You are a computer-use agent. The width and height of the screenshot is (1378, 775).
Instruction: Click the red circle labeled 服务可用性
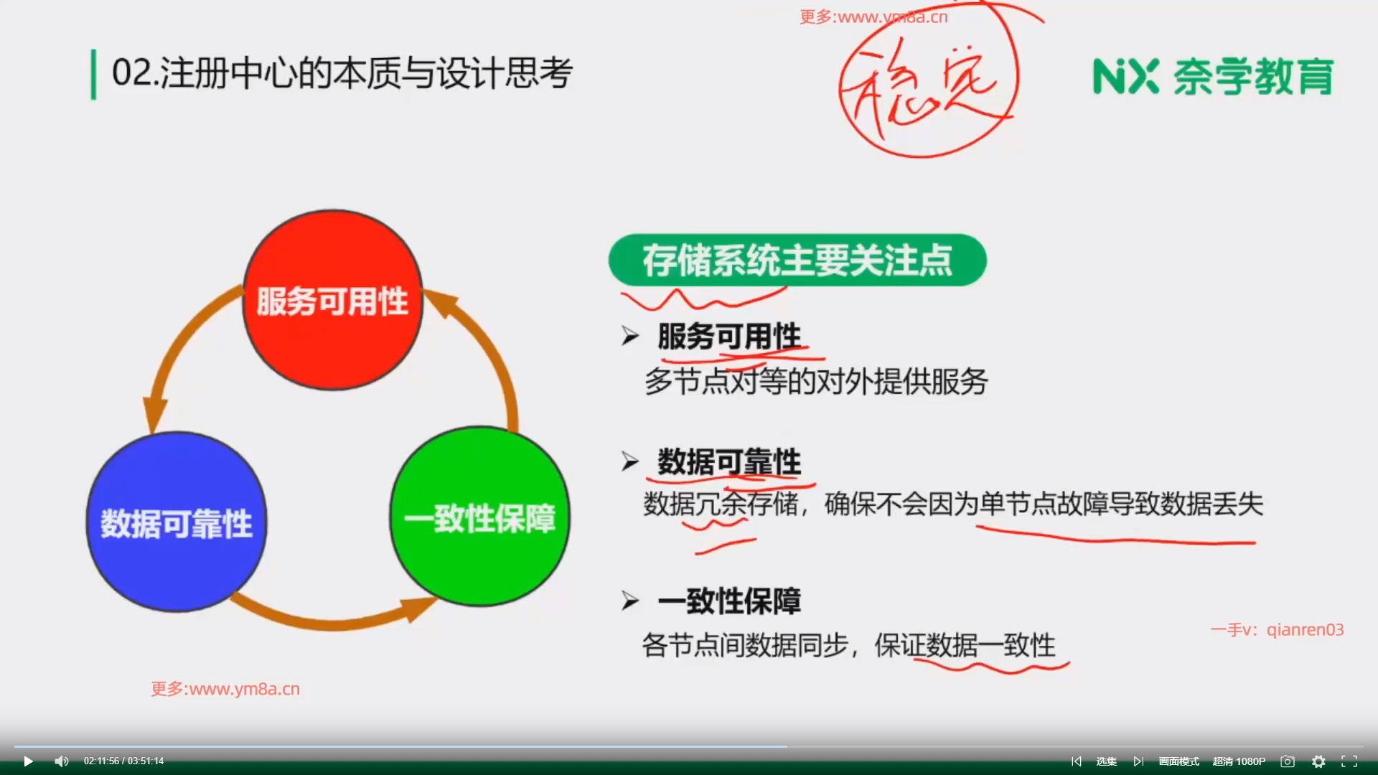click(x=333, y=300)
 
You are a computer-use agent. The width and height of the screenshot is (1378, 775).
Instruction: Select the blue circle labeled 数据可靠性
click(x=177, y=522)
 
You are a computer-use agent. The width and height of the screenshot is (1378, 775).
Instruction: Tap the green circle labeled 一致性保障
click(x=479, y=517)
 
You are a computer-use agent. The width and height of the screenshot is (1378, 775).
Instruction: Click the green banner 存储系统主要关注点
click(x=797, y=260)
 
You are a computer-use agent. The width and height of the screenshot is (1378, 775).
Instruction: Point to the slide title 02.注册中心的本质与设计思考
click(x=342, y=73)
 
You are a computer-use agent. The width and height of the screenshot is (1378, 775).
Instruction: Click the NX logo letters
click(x=1125, y=76)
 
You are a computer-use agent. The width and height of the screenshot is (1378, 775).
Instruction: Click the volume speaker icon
click(x=62, y=761)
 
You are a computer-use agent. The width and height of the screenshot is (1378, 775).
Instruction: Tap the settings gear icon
click(x=1318, y=761)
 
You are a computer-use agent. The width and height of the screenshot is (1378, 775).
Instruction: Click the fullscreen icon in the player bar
click(x=1349, y=761)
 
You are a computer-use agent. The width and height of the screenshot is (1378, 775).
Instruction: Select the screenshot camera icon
click(x=1288, y=761)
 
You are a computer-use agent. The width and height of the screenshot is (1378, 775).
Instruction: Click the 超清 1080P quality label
click(x=1239, y=761)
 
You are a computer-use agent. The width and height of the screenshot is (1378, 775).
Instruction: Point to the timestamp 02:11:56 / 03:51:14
click(x=123, y=761)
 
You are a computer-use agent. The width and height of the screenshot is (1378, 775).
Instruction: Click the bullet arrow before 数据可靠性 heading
click(x=630, y=461)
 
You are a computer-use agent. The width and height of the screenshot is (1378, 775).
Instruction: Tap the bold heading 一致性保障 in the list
click(x=729, y=601)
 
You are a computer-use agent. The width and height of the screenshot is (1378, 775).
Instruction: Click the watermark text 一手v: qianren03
click(x=1277, y=630)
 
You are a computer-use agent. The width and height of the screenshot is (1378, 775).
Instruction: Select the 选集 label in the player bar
click(x=1107, y=761)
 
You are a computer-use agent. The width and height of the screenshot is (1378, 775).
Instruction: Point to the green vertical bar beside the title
click(x=93, y=75)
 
